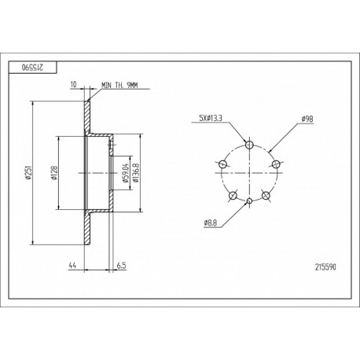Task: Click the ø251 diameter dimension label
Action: (x=28, y=173)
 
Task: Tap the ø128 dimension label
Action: (x=54, y=173)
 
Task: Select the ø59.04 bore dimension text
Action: (x=126, y=173)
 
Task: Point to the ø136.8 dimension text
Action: (x=135, y=173)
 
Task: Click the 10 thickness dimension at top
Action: (x=74, y=84)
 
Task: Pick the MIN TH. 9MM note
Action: (x=119, y=85)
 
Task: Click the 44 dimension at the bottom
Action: (x=72, y=266)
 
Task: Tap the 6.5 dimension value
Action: (x=121, y=266)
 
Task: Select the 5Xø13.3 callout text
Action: (x=211, y=118)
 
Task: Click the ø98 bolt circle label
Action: (x=307, y=119)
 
